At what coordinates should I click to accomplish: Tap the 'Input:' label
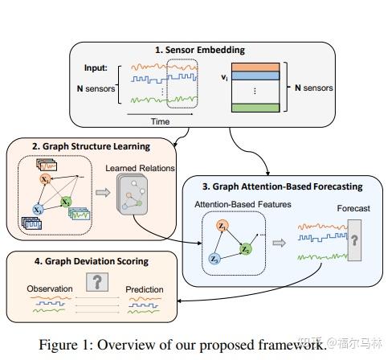(97, 67)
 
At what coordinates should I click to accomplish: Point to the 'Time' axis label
(159, 121)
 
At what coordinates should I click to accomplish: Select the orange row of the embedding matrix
(256, 67)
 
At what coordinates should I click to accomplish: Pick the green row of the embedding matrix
(256, 107)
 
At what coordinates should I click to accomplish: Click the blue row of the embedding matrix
(256, 76)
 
